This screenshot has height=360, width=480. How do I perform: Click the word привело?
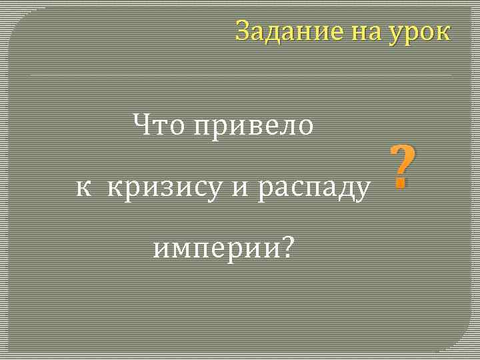[253, 126]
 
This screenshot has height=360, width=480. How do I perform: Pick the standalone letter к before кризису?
[83, 189]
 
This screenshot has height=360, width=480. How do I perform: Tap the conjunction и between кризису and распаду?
[239, 189]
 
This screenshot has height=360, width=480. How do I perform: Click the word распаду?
[314, 190]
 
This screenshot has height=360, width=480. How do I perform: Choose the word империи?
[215, 249]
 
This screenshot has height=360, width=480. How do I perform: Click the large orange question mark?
[402, 167]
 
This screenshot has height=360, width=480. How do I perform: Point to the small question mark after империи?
[287, 248]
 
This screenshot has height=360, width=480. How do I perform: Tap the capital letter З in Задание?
[243, 31]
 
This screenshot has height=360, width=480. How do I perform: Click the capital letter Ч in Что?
[141, 124]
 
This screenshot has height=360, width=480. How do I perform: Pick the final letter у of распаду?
[363, 191]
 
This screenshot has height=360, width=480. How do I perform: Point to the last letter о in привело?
[305, 126]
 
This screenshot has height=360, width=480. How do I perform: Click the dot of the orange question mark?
[401, 184]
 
